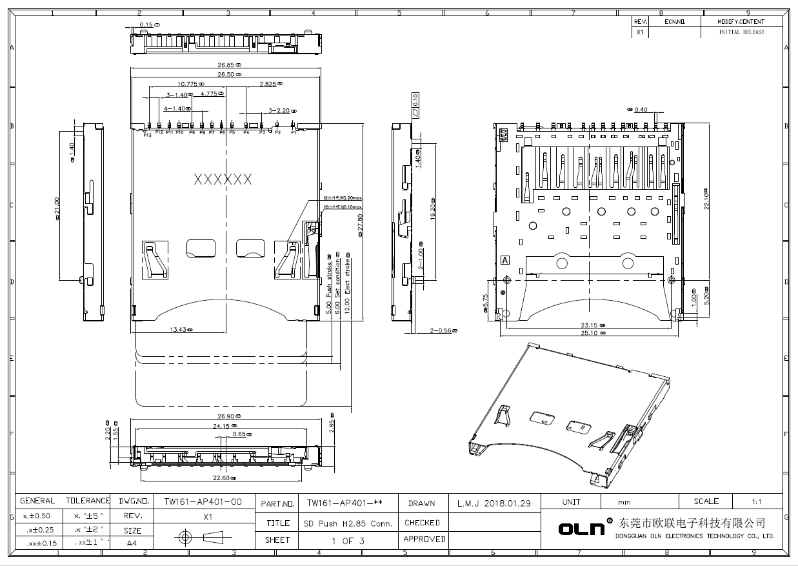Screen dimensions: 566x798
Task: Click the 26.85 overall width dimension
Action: point(228,65)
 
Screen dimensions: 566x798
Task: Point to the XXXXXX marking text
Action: point(223,179)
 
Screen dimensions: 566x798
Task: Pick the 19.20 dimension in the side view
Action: point(433,209)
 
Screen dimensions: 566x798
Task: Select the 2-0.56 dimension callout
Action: point(443,331)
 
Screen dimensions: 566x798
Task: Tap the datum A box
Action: point(505,260)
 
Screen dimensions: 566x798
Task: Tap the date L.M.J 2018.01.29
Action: point(494,503)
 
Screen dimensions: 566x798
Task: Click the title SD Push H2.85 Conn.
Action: point(347,523)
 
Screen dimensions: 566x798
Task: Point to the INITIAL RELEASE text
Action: point(741,32)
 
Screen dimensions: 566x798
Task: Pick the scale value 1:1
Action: point(757,501)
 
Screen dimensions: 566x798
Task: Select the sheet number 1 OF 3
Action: point(347,541)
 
